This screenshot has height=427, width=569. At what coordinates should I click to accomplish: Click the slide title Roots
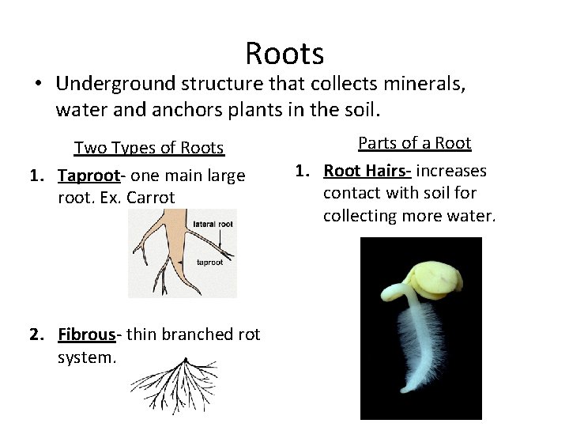[284, 54]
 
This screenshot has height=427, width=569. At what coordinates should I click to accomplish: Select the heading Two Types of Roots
[149, 148]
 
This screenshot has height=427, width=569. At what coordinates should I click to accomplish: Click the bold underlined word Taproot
[86, 176]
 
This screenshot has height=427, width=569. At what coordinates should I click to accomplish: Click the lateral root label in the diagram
[213, 225]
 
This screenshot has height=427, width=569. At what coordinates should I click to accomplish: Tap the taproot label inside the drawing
[209, 262]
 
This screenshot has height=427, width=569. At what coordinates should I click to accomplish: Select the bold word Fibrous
[87, 334]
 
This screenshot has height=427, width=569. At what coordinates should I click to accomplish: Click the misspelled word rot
[248, 334]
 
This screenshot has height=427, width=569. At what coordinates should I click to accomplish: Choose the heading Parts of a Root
[414, 143]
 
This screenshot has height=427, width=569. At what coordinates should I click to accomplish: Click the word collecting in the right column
[361, 215]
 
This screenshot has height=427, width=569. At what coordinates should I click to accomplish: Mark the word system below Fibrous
[87, 357]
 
